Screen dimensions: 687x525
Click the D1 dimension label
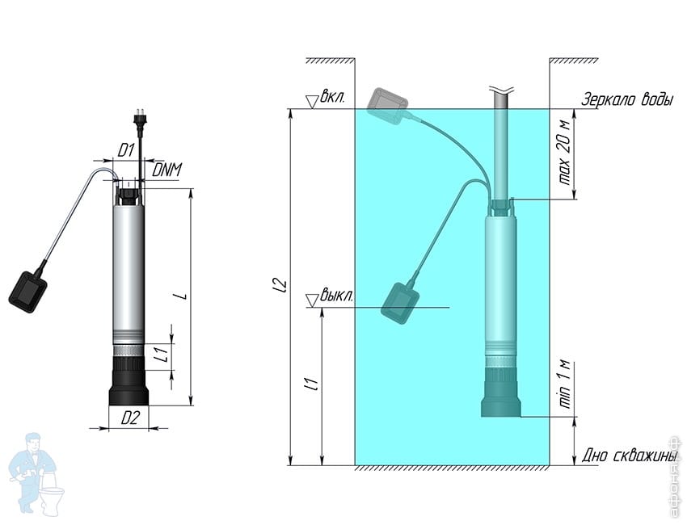(x=125, y=151)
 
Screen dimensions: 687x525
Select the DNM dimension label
(x=166, y=170)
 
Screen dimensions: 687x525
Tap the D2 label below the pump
(x=129, y=419)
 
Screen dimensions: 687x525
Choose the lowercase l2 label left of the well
(x=282, y=285)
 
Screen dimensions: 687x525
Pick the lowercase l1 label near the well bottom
(x=314, y=384)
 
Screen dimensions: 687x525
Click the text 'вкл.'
(x=332, y=97)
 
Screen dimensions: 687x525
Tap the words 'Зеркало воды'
(x=627, y=99)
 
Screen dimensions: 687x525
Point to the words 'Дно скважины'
(x=629, y=456)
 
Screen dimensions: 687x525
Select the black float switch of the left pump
(x=27, y=292)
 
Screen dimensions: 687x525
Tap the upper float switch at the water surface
(x=387, y=106)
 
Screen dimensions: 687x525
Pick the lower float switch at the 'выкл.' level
(x=401, y=304)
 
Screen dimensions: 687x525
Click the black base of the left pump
(x=129, y=380)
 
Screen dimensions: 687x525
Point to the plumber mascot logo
(x=35, y=475)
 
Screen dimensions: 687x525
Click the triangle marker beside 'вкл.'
(x=312, y=102)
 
